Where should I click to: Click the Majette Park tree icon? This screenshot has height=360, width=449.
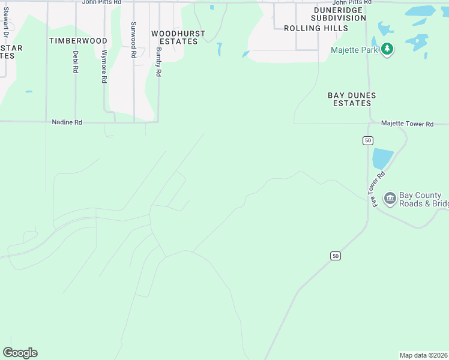tap(388, 49)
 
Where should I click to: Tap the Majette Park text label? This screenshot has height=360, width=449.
tap(354, 50)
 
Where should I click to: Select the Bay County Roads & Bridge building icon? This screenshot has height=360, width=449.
tap(390, 198)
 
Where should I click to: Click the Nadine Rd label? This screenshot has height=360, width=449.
tap(67, 122)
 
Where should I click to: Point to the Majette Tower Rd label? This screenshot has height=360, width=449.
tap(407, 124)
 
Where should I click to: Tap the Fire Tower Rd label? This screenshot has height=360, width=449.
tap(377, 188)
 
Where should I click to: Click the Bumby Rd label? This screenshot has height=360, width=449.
tap(158, 62)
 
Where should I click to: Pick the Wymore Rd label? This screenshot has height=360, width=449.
tap(104, 66)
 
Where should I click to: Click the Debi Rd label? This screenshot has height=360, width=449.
tap(76, 62)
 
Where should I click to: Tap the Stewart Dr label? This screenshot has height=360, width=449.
tap(5, 22)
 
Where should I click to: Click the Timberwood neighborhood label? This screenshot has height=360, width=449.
tap(78, 41)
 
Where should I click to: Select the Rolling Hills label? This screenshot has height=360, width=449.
tap(316, 28)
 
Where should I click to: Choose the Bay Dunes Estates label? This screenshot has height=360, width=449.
tap(352, 99)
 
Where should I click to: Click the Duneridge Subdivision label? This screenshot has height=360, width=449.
tap(339, 14)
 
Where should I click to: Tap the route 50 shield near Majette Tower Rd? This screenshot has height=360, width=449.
tap(368, 140)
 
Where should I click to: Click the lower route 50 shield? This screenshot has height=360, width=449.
tap(336, 256)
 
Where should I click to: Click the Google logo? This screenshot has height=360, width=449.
tap(20, 353)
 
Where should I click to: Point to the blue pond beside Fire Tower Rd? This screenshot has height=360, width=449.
tap(382, 158)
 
